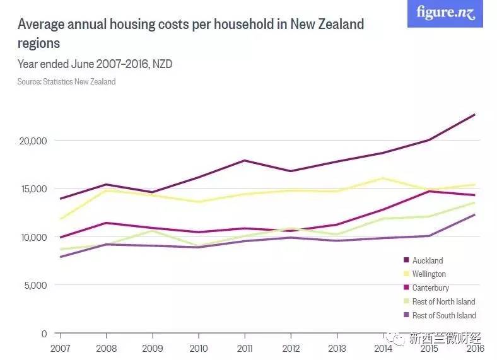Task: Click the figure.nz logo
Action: pos(445,13)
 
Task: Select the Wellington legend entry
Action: pos(429,274)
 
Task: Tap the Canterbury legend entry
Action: pos(430,288)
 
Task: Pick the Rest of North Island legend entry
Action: pos(443,301)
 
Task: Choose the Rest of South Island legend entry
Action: pos(444,315)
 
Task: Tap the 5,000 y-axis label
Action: pos(37,285)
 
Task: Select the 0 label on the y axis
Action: pos(45,334)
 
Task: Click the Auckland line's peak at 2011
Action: pos(245,160)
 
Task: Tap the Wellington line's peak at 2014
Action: pos(383,178)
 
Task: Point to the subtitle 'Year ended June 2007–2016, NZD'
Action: pos(95,64)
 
